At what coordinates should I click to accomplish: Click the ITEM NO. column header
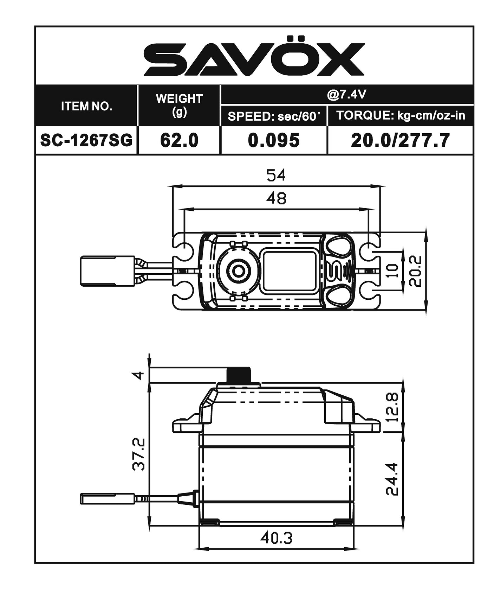[x=86, y=106]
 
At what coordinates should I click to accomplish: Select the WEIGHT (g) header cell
[x=179, y=105]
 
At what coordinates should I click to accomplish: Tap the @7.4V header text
[x=346, y=95]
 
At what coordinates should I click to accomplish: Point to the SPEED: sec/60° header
[x=273, y=116]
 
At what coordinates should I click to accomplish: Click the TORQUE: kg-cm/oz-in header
[x=401, y=115]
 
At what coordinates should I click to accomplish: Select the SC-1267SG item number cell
[x=86, y=140]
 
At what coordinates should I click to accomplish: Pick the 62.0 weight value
[x=179, y=140]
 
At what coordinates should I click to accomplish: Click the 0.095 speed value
[x=274, y=140]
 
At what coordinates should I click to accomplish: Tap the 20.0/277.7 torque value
[x=400, y=140]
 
